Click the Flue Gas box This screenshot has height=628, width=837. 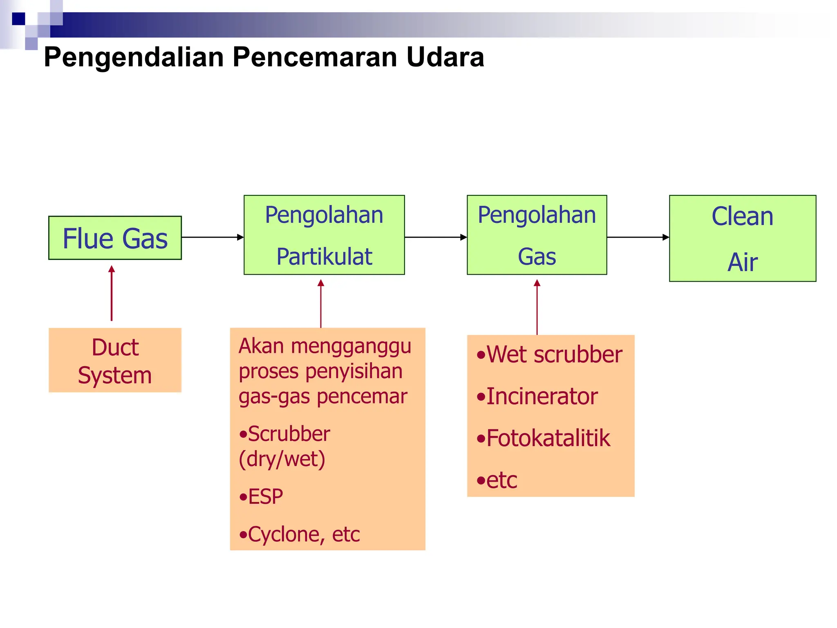115,238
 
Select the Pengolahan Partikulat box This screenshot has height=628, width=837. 324,235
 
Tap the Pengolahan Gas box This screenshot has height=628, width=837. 537,235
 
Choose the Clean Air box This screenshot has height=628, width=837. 742,238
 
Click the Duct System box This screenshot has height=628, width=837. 115,360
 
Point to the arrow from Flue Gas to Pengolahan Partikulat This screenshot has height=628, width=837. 212,237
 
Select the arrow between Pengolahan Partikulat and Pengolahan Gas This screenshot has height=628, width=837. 435,237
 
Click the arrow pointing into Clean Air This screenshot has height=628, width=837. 638,237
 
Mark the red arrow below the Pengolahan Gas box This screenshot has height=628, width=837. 537,307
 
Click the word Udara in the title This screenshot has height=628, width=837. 445,57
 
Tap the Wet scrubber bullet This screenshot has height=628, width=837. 550,354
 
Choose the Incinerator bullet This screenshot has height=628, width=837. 537,397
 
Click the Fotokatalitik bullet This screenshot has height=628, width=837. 544,438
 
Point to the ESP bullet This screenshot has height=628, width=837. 262,497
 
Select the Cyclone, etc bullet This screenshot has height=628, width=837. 300,534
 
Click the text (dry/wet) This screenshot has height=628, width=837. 282,459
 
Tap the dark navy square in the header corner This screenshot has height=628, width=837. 18,19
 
